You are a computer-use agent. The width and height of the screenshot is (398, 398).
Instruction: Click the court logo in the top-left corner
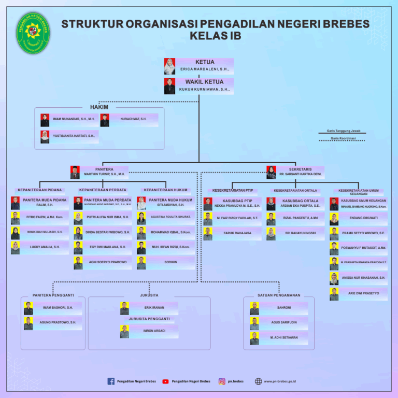[x=34, y=32]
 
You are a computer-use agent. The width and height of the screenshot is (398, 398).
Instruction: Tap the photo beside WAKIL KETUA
[x=169, y=86]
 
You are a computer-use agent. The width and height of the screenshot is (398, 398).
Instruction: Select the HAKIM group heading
[x=99, y=107]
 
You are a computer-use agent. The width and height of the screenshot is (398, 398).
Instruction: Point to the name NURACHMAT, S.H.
[x=133, y=119]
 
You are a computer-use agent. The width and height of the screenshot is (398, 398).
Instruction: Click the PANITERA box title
[x=104, y=169]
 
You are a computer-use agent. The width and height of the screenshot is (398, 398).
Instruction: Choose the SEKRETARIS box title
[x=300, y=169]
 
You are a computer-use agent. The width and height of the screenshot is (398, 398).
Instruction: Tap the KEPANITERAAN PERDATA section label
[x=103, y=190]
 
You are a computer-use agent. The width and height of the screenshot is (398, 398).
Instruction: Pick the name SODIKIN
[x=170, y=262]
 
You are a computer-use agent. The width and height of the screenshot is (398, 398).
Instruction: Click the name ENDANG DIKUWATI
[x=363, y=218]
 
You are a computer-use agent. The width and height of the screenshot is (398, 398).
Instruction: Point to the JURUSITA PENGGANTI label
[x=149, y=319]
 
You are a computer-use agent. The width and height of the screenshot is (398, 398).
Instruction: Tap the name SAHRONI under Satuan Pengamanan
[x=284, y=308]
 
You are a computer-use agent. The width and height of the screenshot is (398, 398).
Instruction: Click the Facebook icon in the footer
[x=111, y=381]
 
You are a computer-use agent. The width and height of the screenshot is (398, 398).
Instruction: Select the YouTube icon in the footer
[x=165, y=381]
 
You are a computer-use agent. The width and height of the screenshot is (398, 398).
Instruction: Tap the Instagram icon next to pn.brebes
[x=222, y=381]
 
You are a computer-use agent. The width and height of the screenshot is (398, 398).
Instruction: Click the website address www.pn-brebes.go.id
[x=279, y=381]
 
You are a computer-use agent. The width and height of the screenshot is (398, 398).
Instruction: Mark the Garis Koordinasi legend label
[x=343, y=138]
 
